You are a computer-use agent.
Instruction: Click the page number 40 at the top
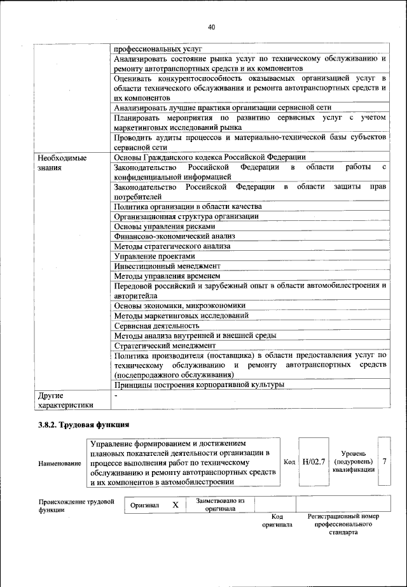(212, 27)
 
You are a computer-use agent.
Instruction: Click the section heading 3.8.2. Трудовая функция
(84, 424)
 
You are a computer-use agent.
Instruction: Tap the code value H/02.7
(314, 460)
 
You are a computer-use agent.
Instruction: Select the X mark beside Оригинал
(175, 505)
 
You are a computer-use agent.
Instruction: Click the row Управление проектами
(150, 256)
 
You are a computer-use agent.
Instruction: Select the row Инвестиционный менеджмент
(167, 266)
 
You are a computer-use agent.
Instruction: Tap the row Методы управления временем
(167, 276)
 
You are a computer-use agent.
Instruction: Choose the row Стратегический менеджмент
(165, 345)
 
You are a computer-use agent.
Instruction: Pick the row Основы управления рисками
(165, 226)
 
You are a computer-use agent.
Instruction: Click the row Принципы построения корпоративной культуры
(198, 385)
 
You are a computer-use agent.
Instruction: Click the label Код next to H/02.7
(289, 461)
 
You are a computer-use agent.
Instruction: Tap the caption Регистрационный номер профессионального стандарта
(342, 524)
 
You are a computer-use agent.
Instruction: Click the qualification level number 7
(384, 460)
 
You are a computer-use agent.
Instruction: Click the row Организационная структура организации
(186, 216)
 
